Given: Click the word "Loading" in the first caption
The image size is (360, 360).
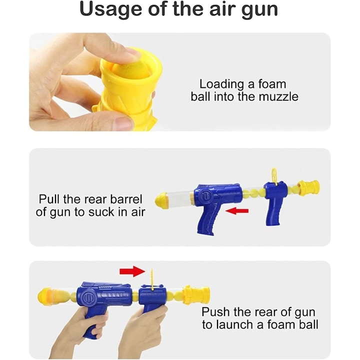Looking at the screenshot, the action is point(221,84).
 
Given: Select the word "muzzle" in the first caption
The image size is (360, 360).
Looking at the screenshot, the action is point(278,96).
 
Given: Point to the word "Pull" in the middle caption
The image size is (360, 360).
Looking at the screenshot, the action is point(49,199).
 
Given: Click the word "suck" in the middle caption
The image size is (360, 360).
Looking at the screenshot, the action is point(101,212).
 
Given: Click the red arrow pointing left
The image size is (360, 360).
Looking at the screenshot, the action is point(237,211).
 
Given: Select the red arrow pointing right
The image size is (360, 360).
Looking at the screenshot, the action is point(132,271).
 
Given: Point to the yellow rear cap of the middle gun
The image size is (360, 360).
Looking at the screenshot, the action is point(162,198).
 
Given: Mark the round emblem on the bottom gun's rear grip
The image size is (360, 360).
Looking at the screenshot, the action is point(89,297).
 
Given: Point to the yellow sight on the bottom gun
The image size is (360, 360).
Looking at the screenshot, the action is point(152,278).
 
